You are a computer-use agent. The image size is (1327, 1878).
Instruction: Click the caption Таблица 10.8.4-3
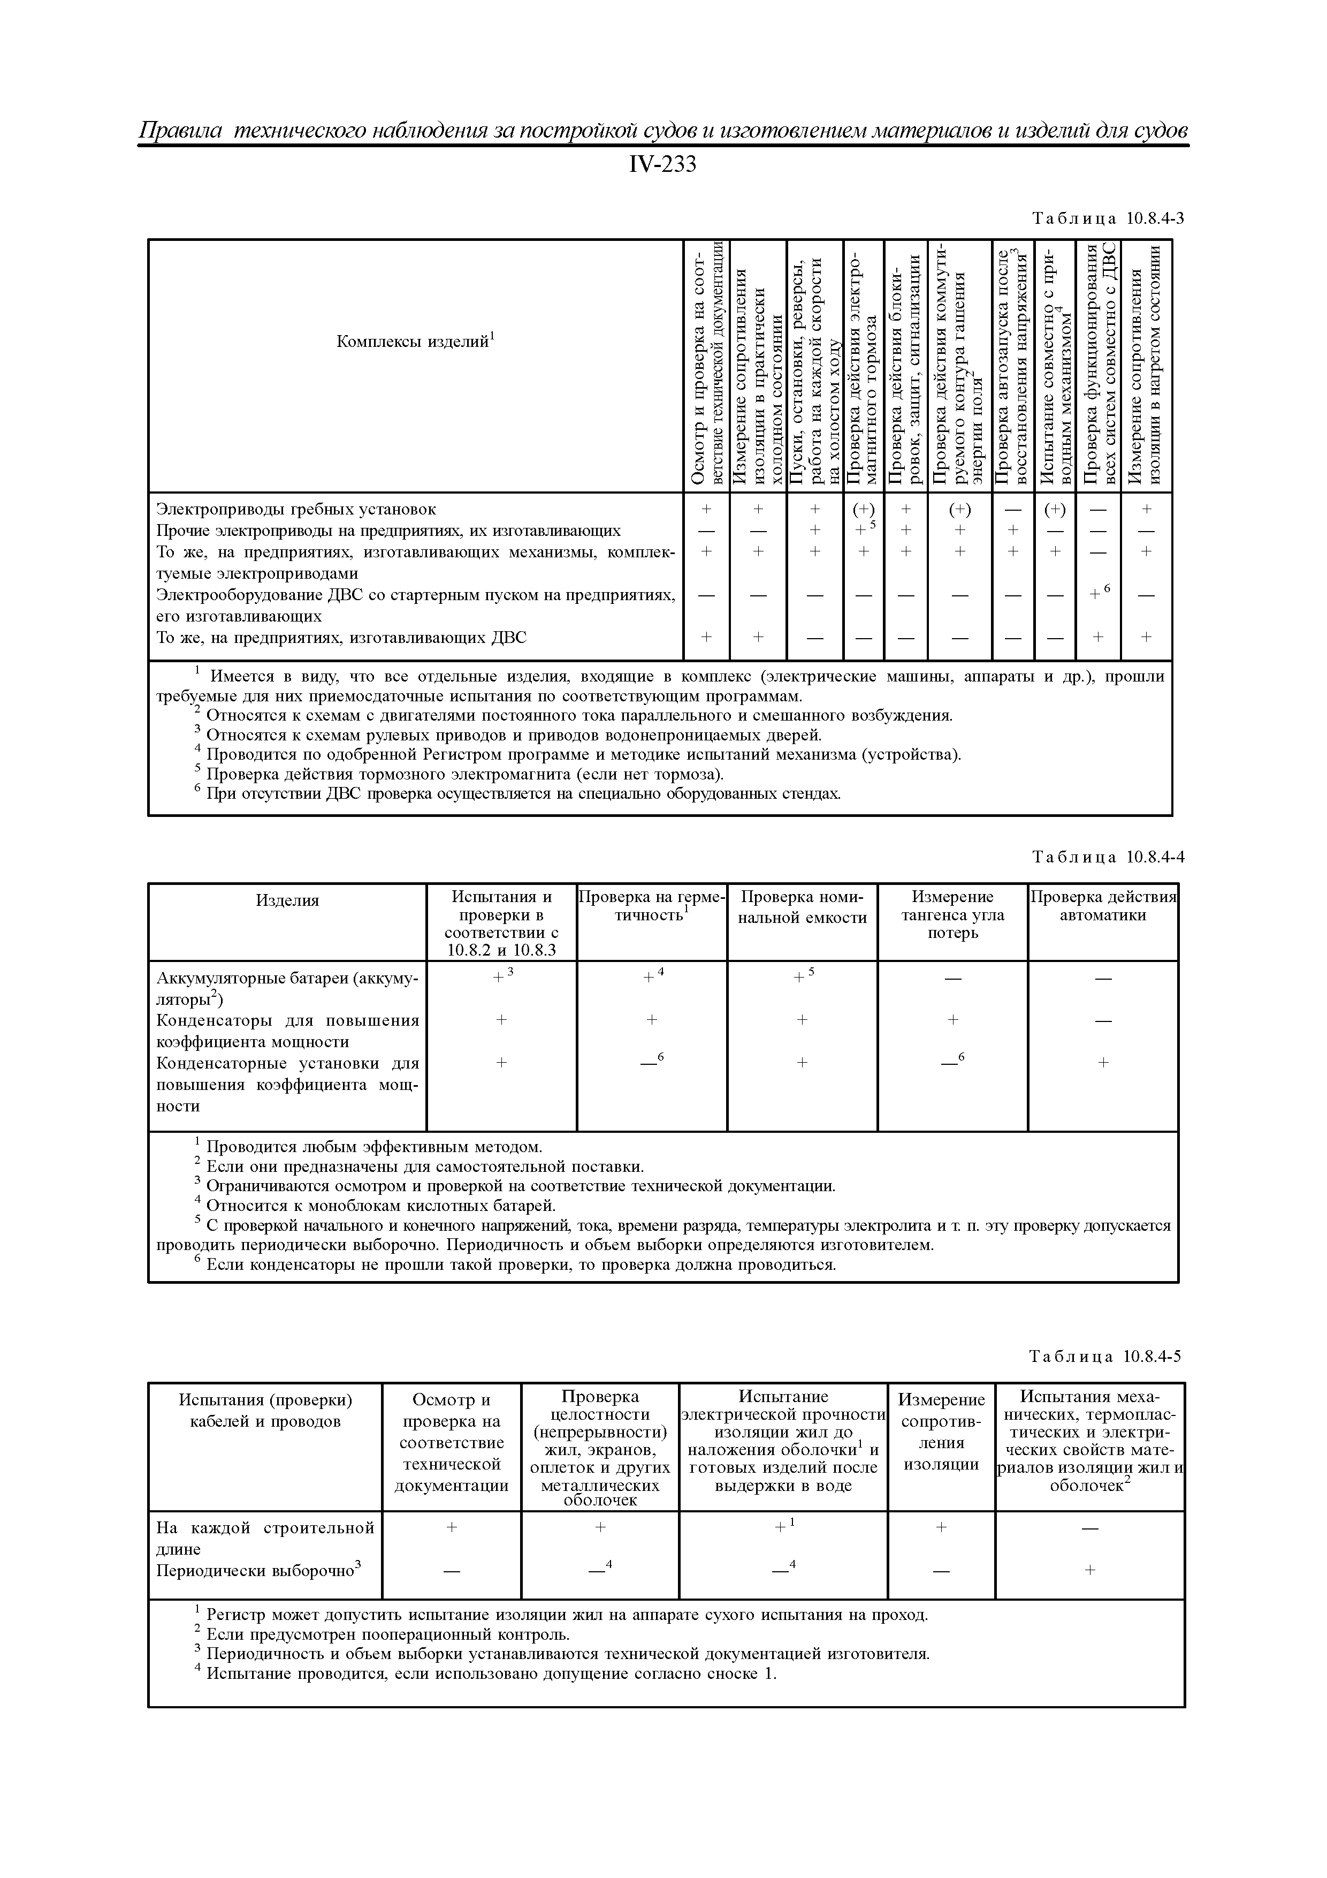click(1108, 218)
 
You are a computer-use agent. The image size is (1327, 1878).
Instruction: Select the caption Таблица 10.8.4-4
click(1108, 857)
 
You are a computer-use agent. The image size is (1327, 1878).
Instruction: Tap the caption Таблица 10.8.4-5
click(1105, 1356)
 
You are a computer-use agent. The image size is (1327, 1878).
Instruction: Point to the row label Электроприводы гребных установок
click(296, 509)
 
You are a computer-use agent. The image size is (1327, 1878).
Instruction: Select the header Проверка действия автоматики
click(1103, 905)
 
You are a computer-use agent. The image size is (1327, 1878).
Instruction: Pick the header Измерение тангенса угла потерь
click(952, 914)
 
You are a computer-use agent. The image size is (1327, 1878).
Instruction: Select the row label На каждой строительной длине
click(265, 1538)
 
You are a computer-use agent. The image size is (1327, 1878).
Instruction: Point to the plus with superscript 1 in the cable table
click(784, 1526)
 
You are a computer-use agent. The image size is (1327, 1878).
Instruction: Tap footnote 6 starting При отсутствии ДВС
click(522, 793)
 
